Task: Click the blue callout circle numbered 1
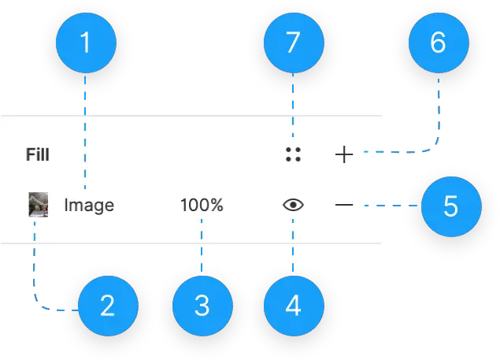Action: pos(85,43)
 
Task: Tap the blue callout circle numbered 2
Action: pos(107,305)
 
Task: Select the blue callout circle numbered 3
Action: pos(202,305)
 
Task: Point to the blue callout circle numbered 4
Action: pos(293,305)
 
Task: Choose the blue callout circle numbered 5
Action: pos(450,206)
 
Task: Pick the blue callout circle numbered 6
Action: pos(438,43)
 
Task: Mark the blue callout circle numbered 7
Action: pos(293,43)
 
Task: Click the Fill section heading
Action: pos(37,154)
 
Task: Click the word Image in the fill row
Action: pos(89,206)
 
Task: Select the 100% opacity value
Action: pos(202,206)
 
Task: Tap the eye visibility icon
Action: pos(293,206)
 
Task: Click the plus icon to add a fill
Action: pos(344,154)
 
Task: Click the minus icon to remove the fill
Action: pos(344,206)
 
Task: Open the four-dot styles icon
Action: pos(293,154)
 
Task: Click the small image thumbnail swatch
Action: pos(38,206)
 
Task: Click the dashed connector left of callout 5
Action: pos(390,206)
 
